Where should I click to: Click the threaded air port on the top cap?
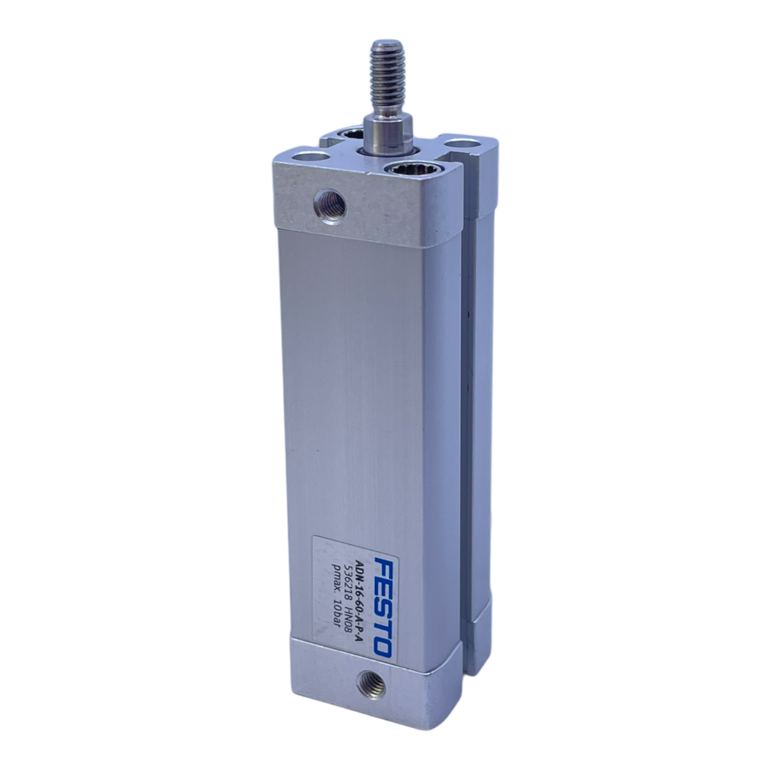pyautogui.click(x=330, y=204)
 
